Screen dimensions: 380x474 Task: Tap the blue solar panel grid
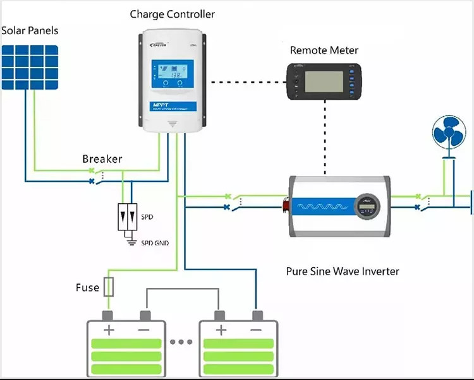[x=30, y=66]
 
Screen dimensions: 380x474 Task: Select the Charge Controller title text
[x=172, y=14]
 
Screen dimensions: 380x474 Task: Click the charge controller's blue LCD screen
[x=172, y=76]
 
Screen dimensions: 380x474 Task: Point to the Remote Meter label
[x=324, y=50]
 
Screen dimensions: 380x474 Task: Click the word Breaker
[x=102, y=159]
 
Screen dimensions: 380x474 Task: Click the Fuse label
[x=87, y=288]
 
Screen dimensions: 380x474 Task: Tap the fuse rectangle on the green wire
[x=109, y=287]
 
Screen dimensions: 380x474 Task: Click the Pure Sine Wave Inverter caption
[x=343, y=271]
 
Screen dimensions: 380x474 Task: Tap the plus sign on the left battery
[x=109, y=330]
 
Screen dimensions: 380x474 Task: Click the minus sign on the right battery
[x=255, y=330]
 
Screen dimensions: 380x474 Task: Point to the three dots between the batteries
[x=181, y=341]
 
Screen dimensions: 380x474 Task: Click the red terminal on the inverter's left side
[x=286, y=205]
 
